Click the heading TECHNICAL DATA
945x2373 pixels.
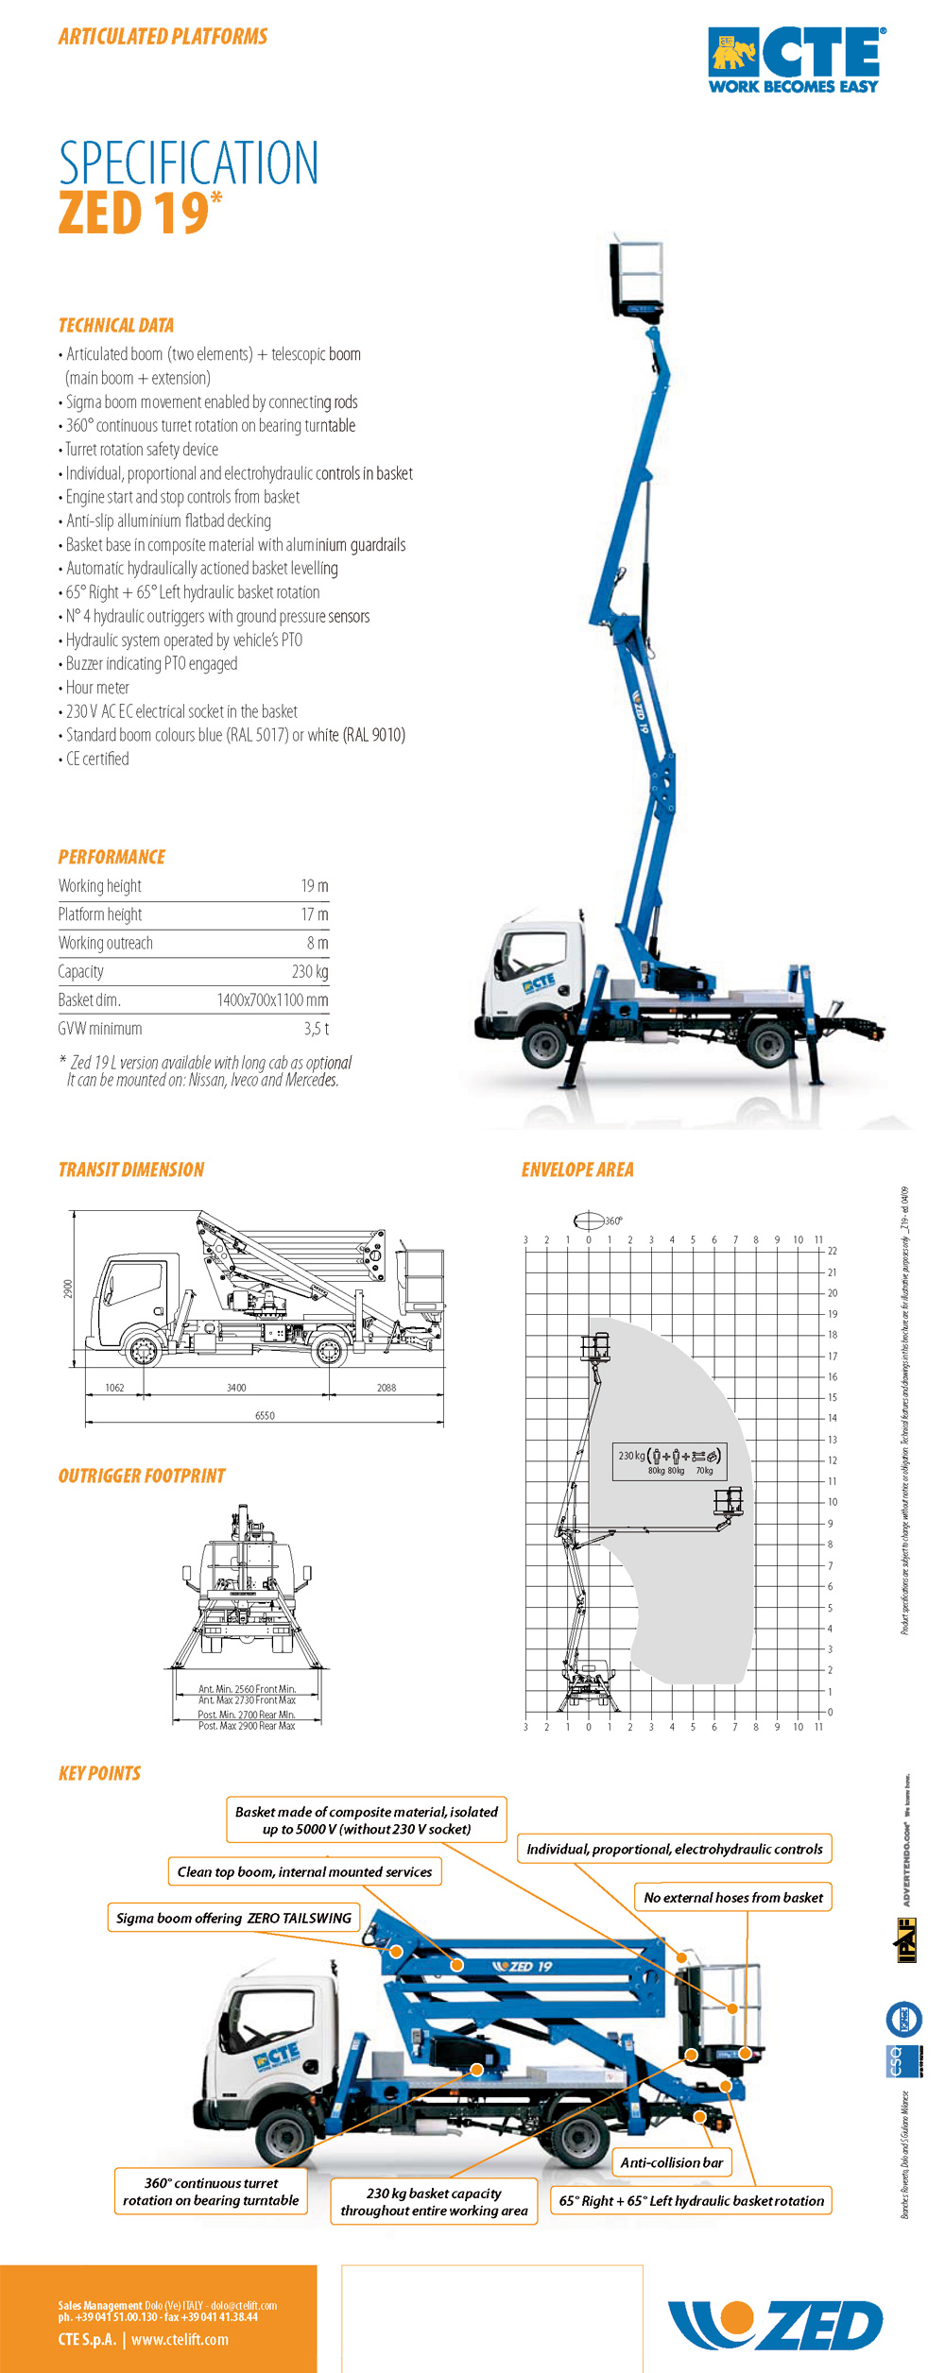click(116, 326)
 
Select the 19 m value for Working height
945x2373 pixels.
click(315, 886)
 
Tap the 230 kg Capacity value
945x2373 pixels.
click(310, 972)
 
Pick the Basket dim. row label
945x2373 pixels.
click(89, 1000)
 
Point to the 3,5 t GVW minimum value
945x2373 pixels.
click(317, 1029)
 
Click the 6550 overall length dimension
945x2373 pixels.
click(265, 1416)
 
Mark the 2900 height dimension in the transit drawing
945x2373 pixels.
click(68, 1289)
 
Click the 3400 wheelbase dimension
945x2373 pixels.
click(236, 1388)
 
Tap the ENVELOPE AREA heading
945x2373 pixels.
click(577, 1170)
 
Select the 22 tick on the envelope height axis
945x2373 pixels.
click(833, 1251)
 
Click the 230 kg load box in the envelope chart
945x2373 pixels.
click(669, 1460)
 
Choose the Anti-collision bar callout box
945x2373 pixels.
click(672, 2162)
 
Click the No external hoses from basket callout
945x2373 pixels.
click(732, 1897)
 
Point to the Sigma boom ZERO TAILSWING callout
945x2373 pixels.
click(233, 1918)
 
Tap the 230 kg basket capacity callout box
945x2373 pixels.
click(434, 2202)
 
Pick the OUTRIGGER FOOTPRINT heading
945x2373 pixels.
click(142, 1477)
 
